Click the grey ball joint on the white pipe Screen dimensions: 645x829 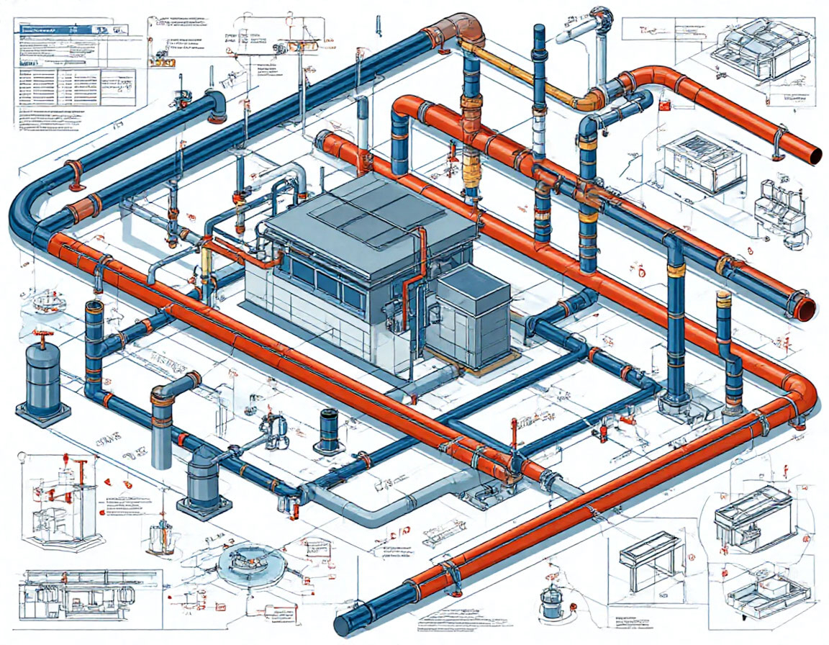click(599, 17)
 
